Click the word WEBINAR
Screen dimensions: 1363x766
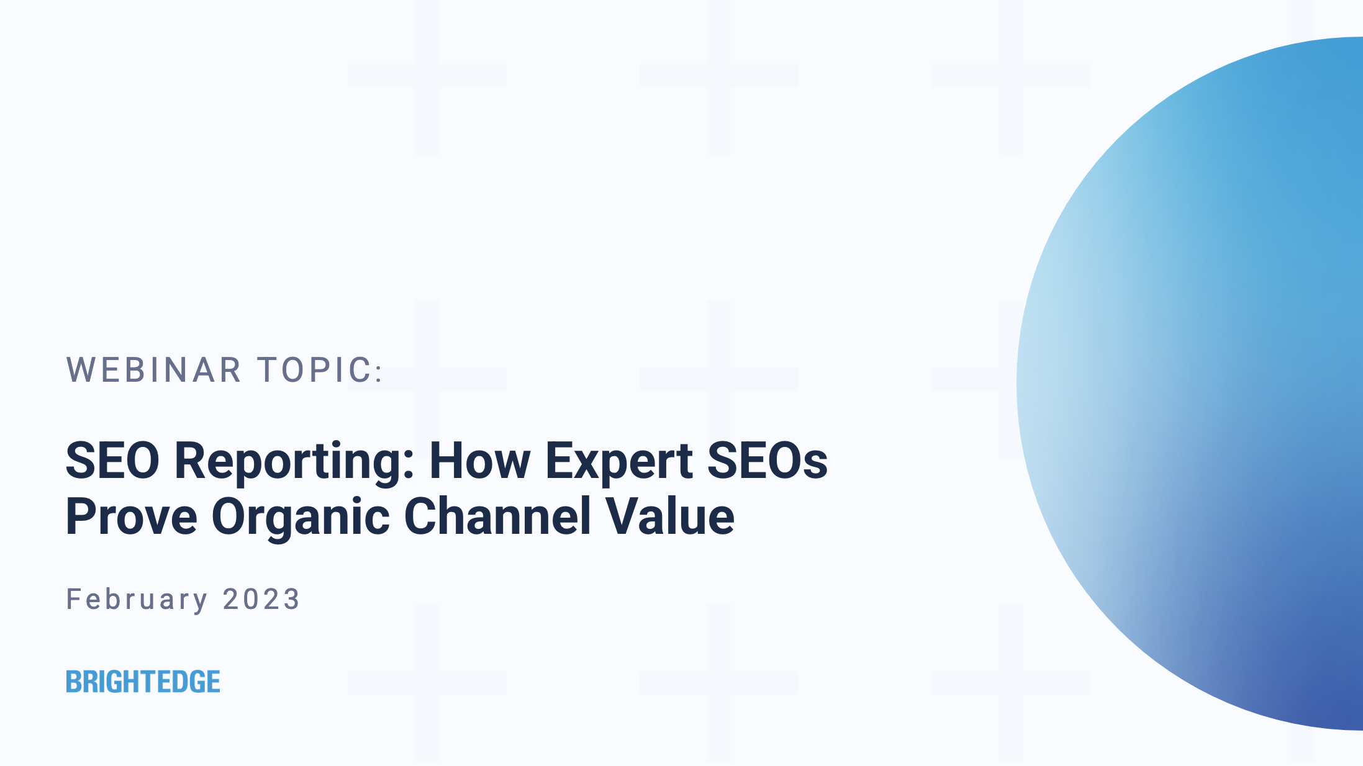point(153,370)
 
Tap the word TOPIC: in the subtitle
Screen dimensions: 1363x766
point(321,370)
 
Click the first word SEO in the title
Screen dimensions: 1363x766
point(112,461)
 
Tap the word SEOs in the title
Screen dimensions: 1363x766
point(768,461)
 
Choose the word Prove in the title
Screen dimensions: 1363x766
point(132,516)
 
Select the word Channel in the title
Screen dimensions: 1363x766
point(498,516)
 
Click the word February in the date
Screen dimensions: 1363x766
point(137,600)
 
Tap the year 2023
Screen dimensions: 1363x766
point(261,599)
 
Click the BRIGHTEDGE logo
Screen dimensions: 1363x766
point(143,682)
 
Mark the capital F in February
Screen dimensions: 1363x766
point(73,599)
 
